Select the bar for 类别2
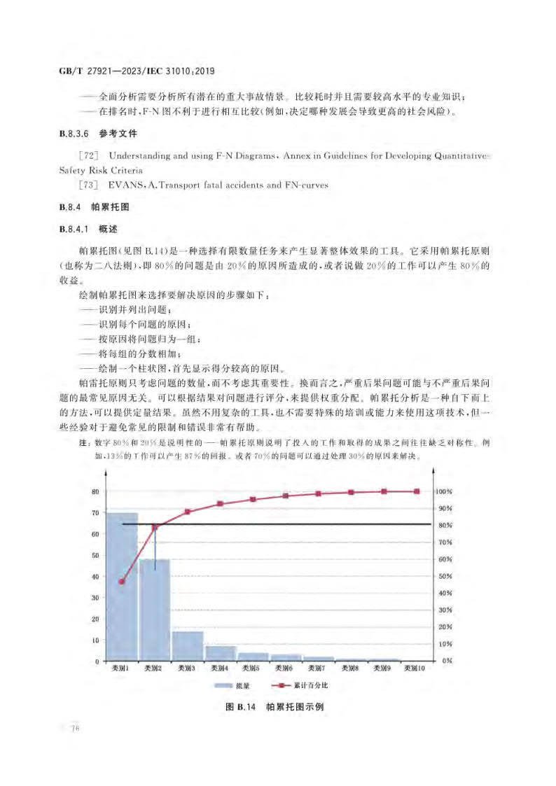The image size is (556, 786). pos(155,610)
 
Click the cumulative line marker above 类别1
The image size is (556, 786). pos(122,582)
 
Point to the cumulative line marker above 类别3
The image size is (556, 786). pos(188,512)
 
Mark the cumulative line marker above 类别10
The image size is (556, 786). pos(417,491)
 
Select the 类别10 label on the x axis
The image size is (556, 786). pos(417,669)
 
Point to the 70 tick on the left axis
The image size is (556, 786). pos(95,513)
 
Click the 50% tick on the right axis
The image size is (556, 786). pos(444,576)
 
